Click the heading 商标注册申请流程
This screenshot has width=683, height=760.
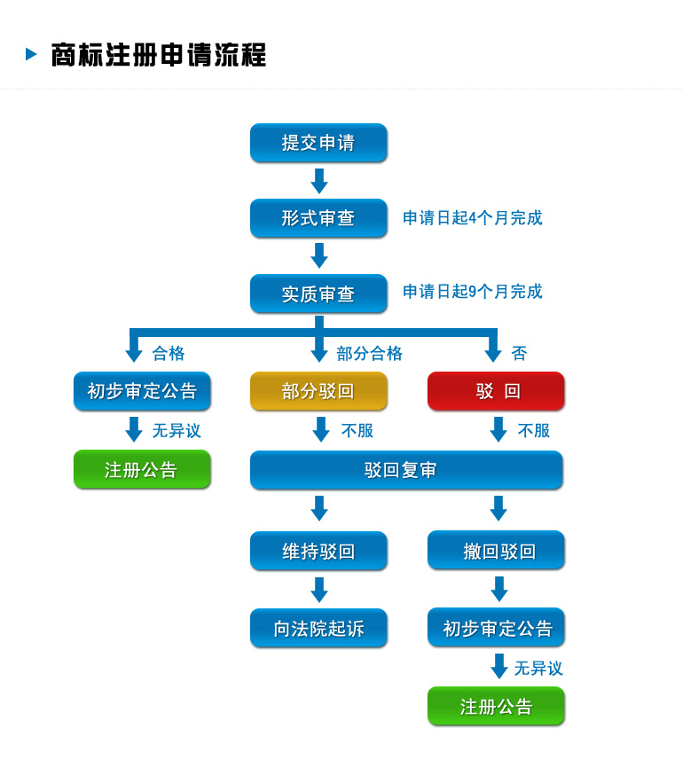pyautogui.click(x=158, y=55)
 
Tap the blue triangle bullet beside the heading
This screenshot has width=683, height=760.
pyautogui.click(x=31, y=54)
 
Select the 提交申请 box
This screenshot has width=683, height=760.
pyautogui.click(x=318, y=143)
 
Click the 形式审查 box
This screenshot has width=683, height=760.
pyautogui.click(x=318, y=218)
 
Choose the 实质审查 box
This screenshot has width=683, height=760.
pyautogui.click(x=318, y=294)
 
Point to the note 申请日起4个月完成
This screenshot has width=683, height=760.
pyautogui.click(x=472, y=218)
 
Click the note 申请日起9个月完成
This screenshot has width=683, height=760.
pyautogui.click(x=472, y=292)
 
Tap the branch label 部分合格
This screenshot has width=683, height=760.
pyautogui.click(x=369, y=354)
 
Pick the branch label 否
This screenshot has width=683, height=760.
pyautogui.click(x=519, y=354)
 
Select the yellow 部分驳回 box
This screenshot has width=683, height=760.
pyautogui.click(x=318, y=391)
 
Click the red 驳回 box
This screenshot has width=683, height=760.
pyautogui.click(x=496, y=391)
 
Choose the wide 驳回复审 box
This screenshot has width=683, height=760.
pyautogui.click(x=406, y=470)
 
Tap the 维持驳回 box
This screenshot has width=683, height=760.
pyautogui.click(x=318, y=551)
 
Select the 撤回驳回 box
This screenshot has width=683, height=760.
pyautogui.click(x=496, y=551)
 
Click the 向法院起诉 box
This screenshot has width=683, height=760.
pyautogui.click(x=318, y=628)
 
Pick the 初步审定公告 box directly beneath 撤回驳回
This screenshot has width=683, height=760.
pyautogui.click(x=496, y=628)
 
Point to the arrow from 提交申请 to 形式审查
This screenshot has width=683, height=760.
pyautogui.click(x=319, y=181)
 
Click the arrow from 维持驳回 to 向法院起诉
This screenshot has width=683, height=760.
pyautogui.click(x=319, y=590)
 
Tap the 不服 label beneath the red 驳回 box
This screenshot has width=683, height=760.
pyautogui.click(x=534, y=431)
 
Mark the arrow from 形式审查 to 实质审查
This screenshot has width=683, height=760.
pyautogui.click(x=319, y=255)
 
